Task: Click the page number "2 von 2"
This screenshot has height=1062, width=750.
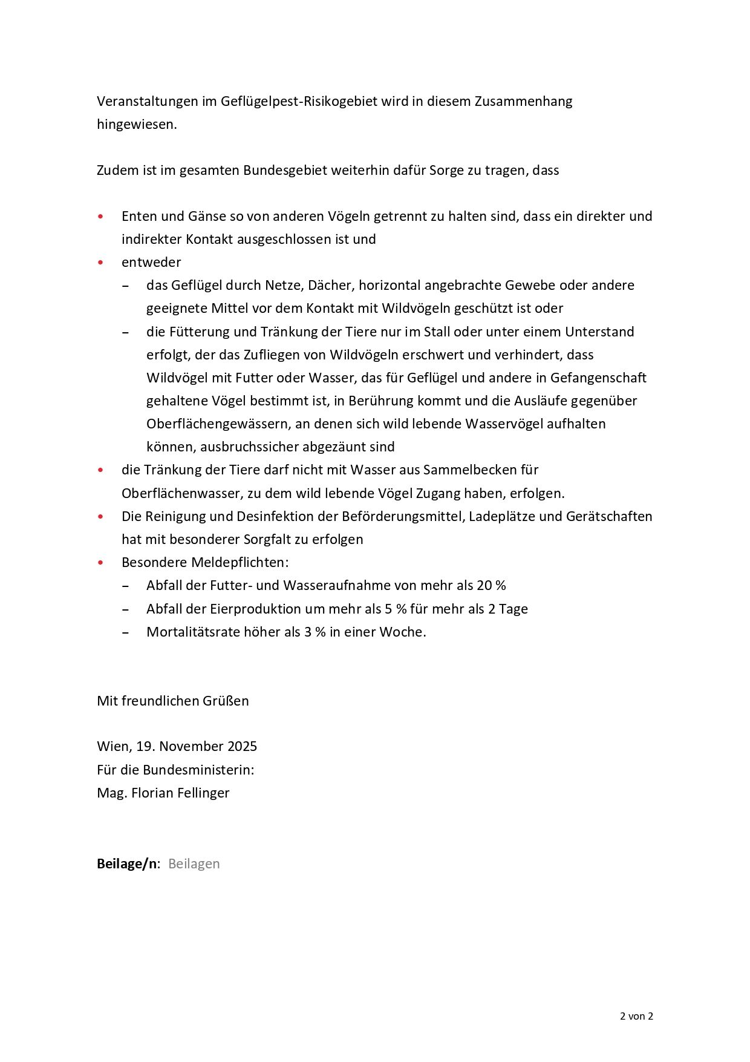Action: point(636,1016)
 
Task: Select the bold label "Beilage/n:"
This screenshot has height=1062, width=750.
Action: point(128,864)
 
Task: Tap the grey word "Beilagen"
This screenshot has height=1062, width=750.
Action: point(194,864)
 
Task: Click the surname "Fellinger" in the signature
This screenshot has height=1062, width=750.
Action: point(198,793)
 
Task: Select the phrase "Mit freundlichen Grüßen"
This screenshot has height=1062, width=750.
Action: point(172,701)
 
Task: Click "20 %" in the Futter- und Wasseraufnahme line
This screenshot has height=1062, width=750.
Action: point(491,585)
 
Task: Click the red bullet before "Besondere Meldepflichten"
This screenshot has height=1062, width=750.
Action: point(100,563)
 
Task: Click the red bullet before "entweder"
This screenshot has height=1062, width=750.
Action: point(100,263)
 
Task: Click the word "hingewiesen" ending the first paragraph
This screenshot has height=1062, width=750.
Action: point(136,124)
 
